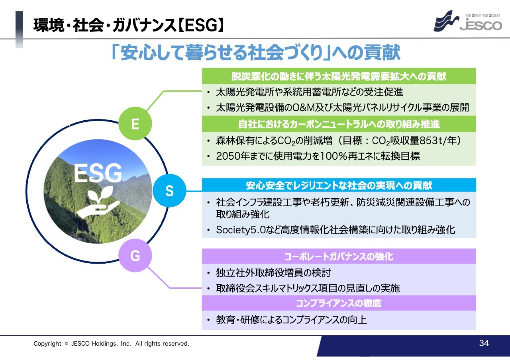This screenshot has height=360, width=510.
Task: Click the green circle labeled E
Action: pos(135,123)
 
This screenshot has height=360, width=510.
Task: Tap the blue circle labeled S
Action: pos(169,190)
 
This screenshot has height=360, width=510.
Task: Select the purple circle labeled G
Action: pos(135,255)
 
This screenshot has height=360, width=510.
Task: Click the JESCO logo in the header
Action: pos(468,21)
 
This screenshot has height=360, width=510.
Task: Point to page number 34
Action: pos(484,343)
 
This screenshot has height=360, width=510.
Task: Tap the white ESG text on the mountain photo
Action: pos(98,173)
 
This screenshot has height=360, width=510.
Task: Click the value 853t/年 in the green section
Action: pos(440,141)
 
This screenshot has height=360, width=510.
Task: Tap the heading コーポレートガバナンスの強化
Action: pos(339,256)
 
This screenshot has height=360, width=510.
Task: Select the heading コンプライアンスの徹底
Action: pos(339,303)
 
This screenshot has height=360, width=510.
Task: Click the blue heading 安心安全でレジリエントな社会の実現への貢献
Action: pos(339,185)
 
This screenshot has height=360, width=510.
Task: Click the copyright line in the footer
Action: pos(111,343)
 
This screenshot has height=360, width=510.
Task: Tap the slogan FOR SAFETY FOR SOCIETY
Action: pos(483,16)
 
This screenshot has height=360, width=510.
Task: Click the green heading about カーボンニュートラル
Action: pos(339,124)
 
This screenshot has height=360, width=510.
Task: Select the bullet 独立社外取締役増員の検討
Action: pos(273,273)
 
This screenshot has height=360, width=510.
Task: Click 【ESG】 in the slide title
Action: pos(200,25)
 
